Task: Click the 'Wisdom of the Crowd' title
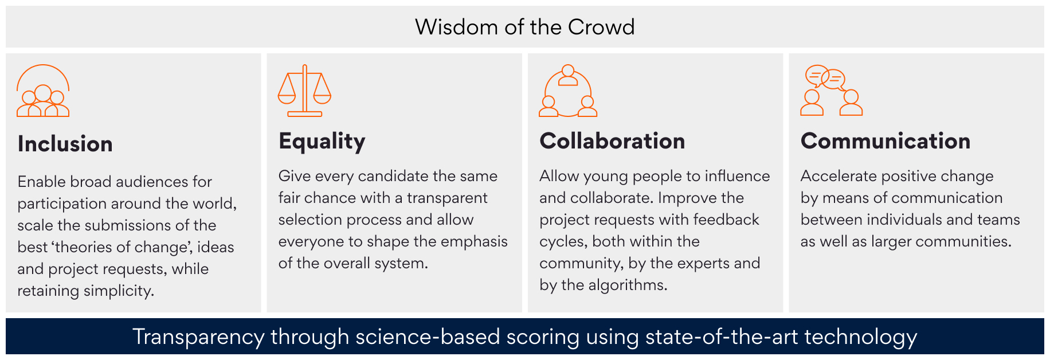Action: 524,27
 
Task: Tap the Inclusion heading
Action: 65,144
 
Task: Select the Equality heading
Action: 322,142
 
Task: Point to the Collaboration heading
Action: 612,141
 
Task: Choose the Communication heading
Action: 886,141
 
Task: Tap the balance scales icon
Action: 304,91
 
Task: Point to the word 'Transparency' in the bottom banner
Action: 199,337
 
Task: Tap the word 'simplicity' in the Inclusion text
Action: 119,291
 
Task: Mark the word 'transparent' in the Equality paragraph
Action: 447,198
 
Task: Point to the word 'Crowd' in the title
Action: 601,27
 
